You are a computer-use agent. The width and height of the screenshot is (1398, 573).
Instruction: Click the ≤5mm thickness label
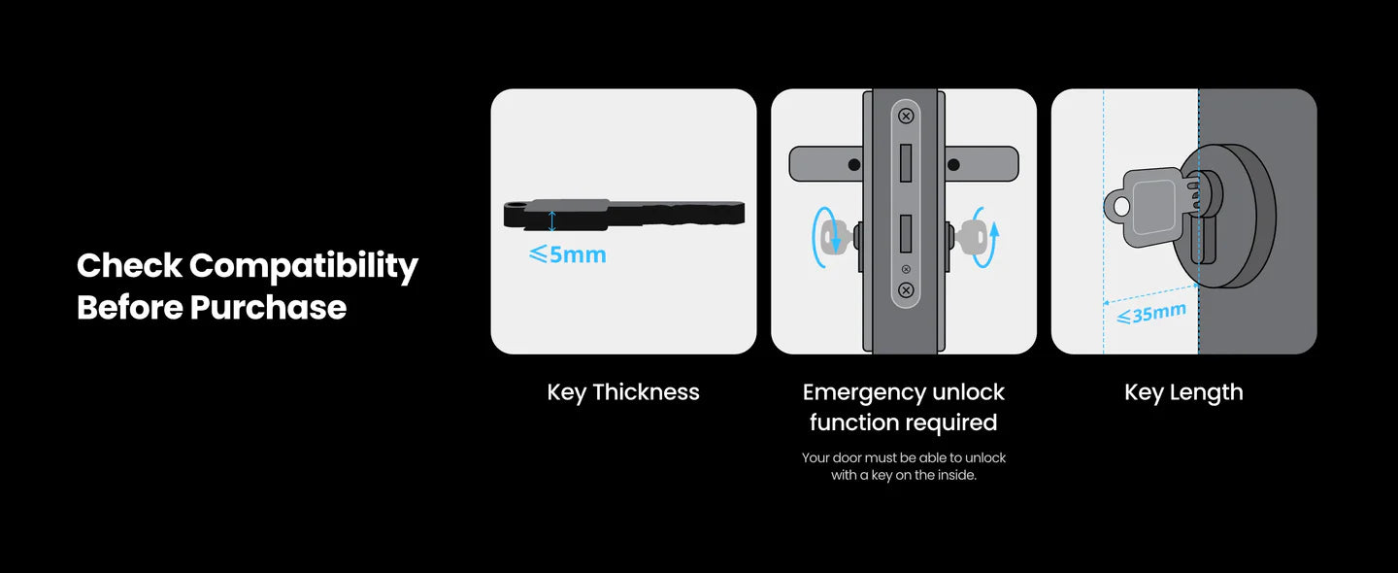pos(567,254)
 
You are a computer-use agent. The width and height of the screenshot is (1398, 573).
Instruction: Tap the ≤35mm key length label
pos(1151,314)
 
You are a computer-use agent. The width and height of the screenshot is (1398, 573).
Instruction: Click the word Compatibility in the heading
pos(303,266)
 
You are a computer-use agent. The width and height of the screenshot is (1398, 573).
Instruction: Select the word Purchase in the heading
pos(268,307)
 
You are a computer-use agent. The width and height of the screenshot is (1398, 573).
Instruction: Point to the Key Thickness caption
pos(623,392)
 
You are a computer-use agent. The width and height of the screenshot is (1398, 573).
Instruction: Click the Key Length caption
pos(1183,392)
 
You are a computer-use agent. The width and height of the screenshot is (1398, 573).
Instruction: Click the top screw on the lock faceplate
pos(906,117)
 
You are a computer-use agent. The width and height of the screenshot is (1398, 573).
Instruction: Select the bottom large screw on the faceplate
pos(906,290)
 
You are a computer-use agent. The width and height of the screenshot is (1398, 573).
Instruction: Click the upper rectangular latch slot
pos(906,163)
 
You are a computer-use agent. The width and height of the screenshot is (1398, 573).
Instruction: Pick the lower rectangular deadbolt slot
pos(906,233)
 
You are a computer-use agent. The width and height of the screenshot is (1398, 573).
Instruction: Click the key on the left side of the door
pos(836,238)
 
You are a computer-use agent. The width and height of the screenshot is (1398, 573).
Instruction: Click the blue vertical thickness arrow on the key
pos(551,221)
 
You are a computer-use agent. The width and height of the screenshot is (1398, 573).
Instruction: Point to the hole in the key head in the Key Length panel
pos(1121,206)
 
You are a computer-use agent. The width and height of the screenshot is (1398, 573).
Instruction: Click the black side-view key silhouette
pos(624,215)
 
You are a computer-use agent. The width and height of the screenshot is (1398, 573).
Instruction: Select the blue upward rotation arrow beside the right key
pos(989,238)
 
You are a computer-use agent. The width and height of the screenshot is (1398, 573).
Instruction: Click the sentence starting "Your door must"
pos(904,466)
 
